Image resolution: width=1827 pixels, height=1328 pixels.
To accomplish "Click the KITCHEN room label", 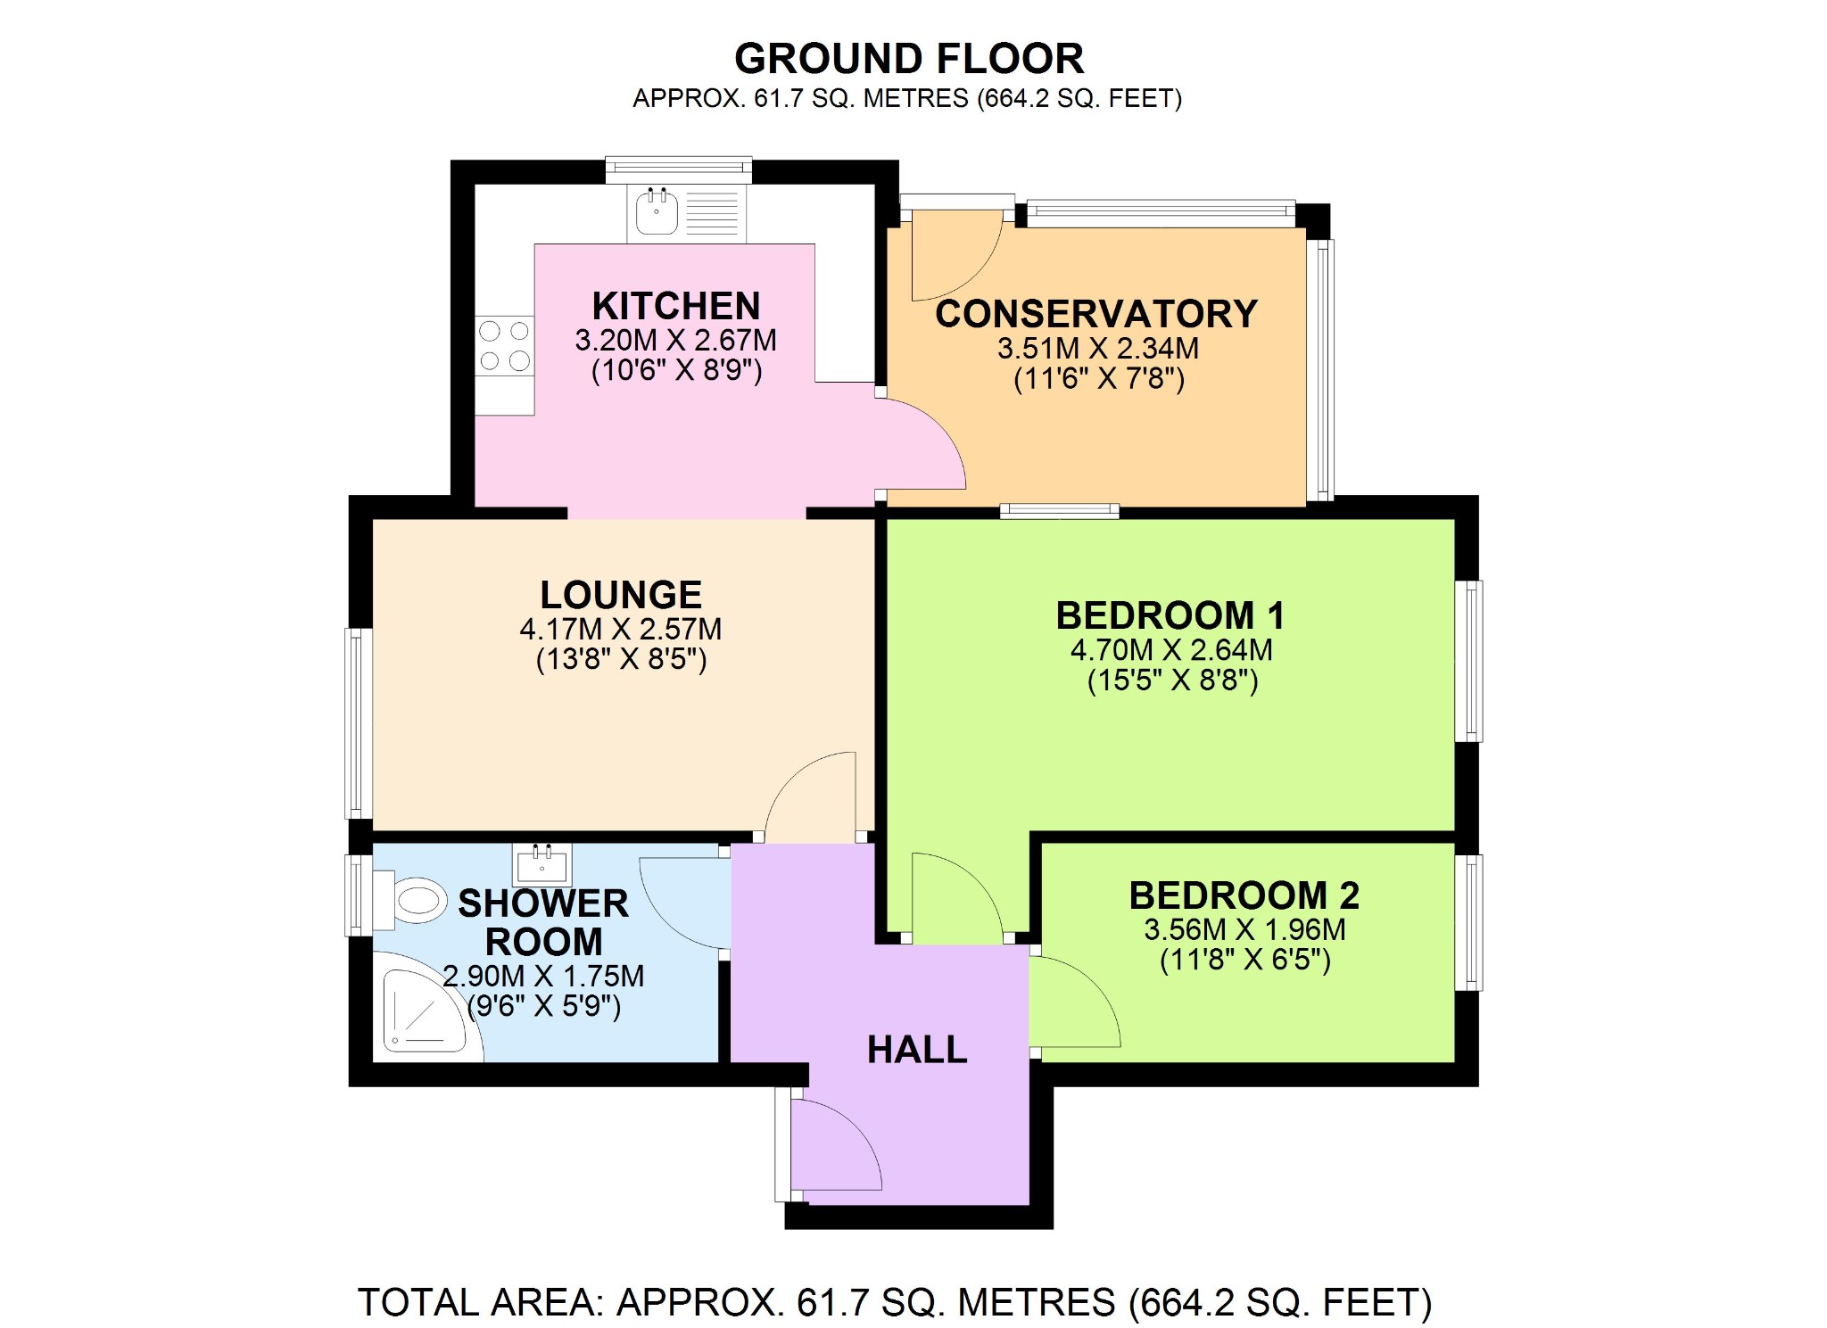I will (x=676, y=306).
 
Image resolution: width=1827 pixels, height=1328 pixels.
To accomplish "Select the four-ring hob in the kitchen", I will (x=504, y=346).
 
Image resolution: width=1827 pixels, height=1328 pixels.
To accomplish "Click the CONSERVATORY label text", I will (x=1096, y=314).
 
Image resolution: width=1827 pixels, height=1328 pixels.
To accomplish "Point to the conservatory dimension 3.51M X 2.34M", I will (x=1097, y=348).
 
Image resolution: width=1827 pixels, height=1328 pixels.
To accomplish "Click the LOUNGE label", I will (x=621, y=595).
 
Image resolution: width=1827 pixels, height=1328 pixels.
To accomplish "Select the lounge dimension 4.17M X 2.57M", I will (x=621, y=629).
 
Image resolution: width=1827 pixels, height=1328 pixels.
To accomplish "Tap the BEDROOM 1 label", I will (x=1170, y=615).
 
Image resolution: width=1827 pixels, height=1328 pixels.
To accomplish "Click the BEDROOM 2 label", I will (x=1244, y=895).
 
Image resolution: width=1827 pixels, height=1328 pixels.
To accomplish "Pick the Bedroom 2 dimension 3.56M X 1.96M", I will (x=1244, y=929).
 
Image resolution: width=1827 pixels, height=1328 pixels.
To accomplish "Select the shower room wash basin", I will (x=541, y=862).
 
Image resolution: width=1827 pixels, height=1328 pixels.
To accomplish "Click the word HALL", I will (x=917, y=1050).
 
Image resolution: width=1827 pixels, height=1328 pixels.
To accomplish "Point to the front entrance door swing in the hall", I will (x=834, y=1146).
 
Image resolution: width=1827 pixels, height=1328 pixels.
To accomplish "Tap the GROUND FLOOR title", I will (x=908, y=59).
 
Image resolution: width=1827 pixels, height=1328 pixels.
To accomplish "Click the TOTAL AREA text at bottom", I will (x=894, y=1302).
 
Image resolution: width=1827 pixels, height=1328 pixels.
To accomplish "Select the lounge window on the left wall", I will (x=358, y=722).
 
